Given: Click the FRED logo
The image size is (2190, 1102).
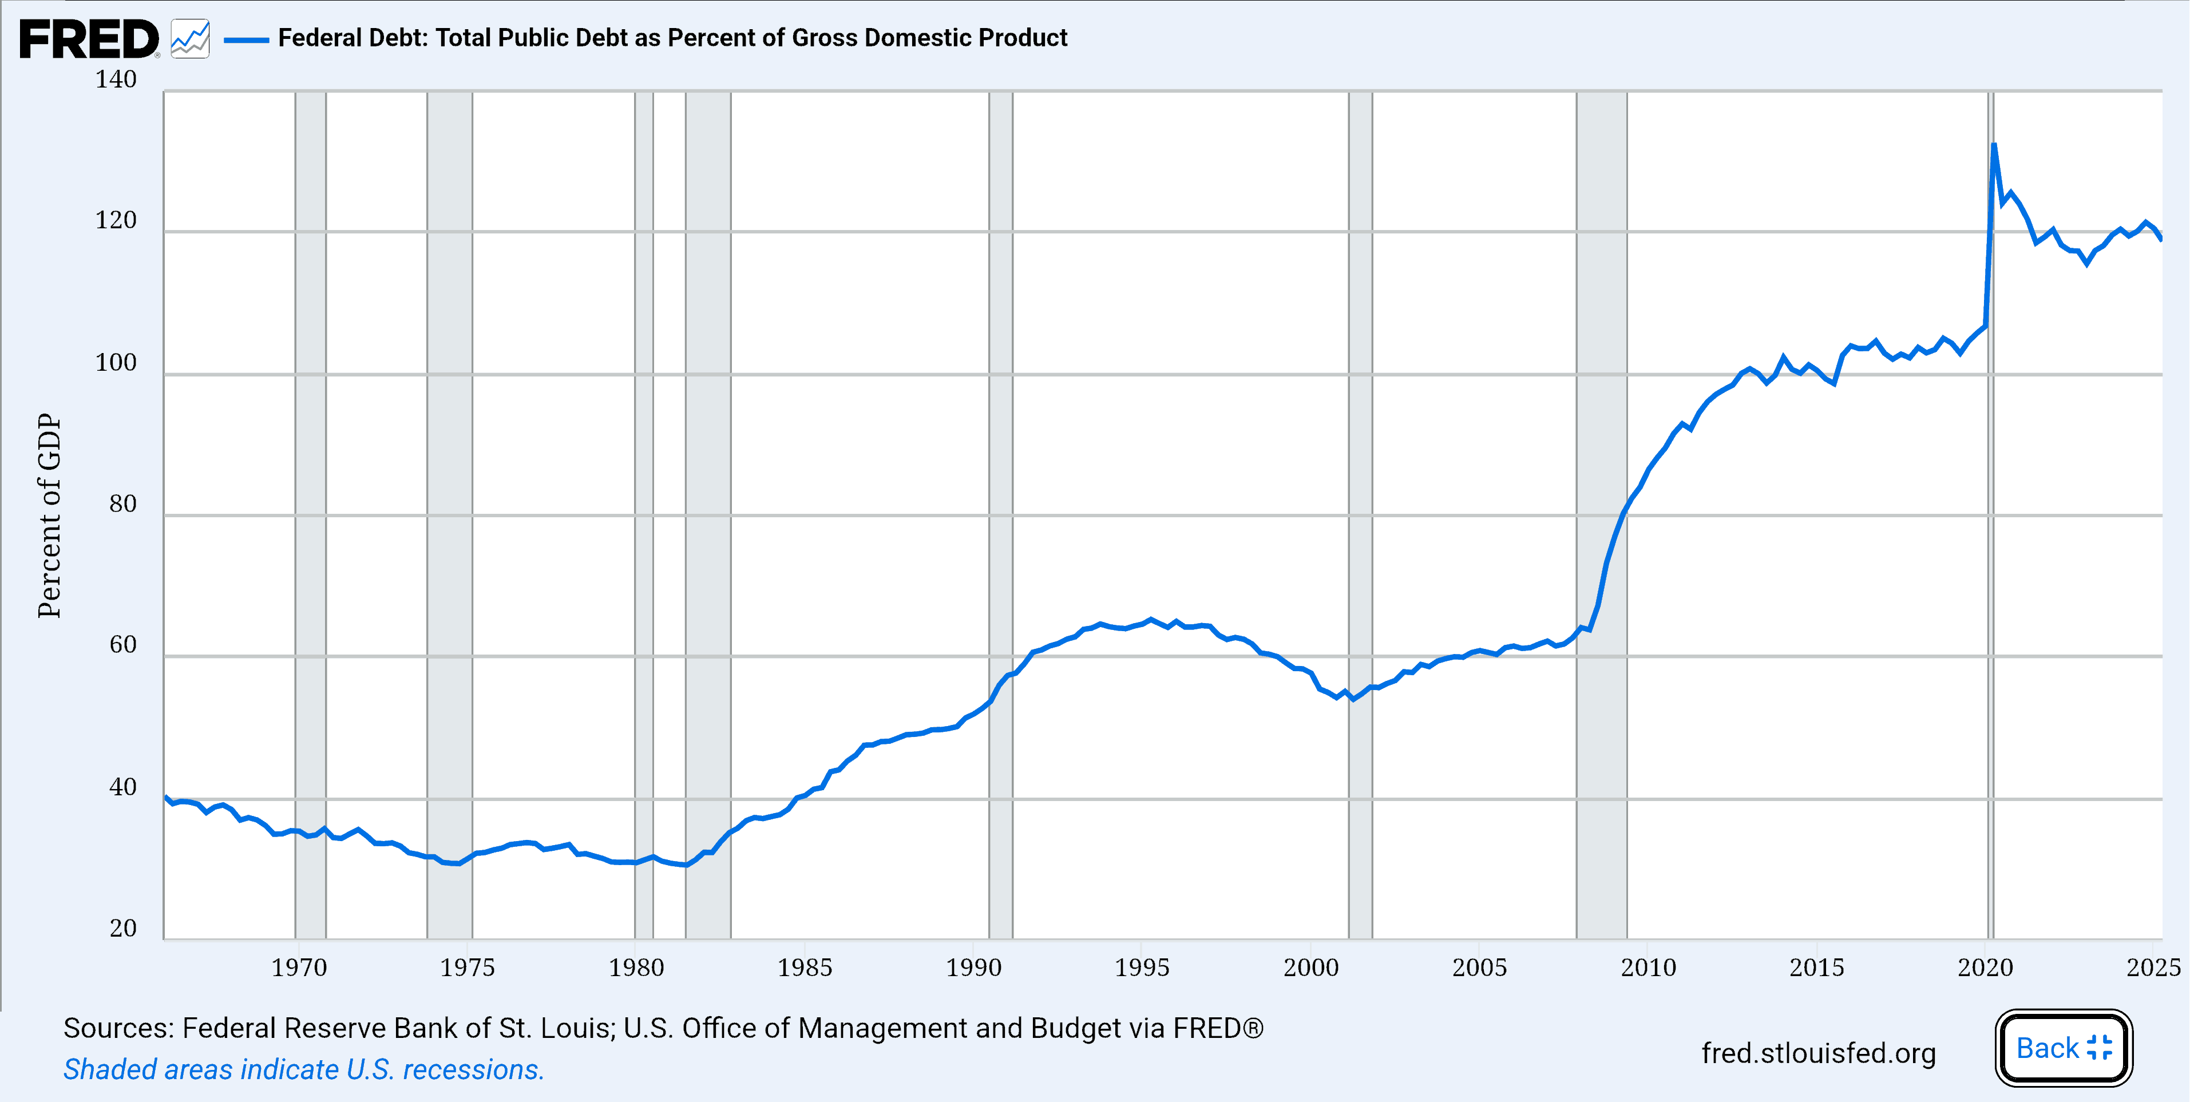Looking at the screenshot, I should pyautogui.click(x=89, y=39).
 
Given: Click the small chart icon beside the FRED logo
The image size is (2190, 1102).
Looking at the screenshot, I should pyautogui.click(x=189, y=39).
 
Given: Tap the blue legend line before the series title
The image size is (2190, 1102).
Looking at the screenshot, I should pyautogui.click(x=245, y=39).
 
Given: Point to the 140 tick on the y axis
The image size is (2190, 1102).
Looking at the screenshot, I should pyautogui.click(x=116, y=80).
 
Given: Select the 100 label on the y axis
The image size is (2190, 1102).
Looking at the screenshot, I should pyautogui.click(x=116, y=363).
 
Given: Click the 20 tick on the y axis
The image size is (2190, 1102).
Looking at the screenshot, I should pyautogui.click(x=122, y=929).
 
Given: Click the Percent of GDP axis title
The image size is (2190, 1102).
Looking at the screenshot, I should pyautogui.click(x=49, y=516).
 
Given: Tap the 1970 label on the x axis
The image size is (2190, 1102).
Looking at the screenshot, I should pyautogui.click(x=298, y=968).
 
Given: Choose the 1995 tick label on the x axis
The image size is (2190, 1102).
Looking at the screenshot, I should pyautogui.click(x=1142, y=968).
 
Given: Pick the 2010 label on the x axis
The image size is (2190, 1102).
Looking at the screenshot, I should pyautogui.click(x=1648, y=968).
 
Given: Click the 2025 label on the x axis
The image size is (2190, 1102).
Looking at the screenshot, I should pyautogui.click(x=2153, y=968).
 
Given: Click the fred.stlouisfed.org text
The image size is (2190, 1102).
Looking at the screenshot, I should pyautogui.click(x=1817, y=1053).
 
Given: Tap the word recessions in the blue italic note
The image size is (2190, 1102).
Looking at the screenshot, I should pyautogui.click(x=473, y=1070).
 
